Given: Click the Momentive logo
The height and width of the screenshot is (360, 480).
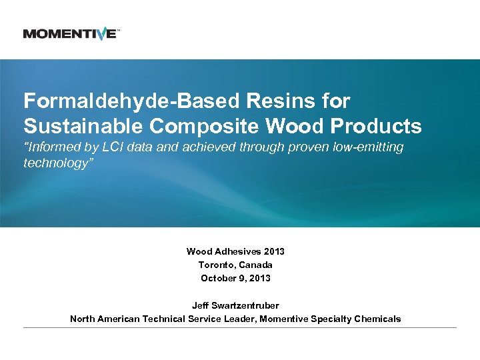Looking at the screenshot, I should tap(71, 33).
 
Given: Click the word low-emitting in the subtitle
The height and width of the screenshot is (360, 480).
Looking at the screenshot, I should tap(369, 147).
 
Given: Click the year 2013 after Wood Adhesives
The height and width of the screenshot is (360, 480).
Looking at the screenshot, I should tap(274, 251).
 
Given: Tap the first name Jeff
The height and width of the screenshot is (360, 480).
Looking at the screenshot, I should tap(200, 305).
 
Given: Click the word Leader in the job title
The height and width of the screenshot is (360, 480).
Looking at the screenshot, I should tap(238, 319).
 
